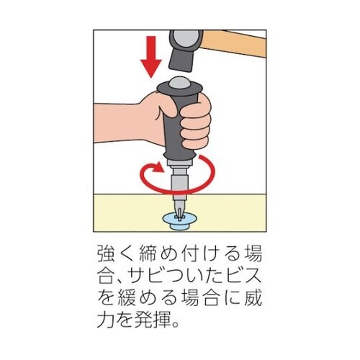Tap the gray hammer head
(186, 50)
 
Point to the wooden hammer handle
(234, 43)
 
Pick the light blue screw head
(178, 222)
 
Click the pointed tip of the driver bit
(178, 217)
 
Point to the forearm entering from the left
(120, 124)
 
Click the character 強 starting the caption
(107, 254)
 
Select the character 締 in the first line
(148, 254)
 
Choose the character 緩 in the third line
(127, 298)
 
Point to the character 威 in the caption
(253, 298)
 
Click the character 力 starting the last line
(107, 320)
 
